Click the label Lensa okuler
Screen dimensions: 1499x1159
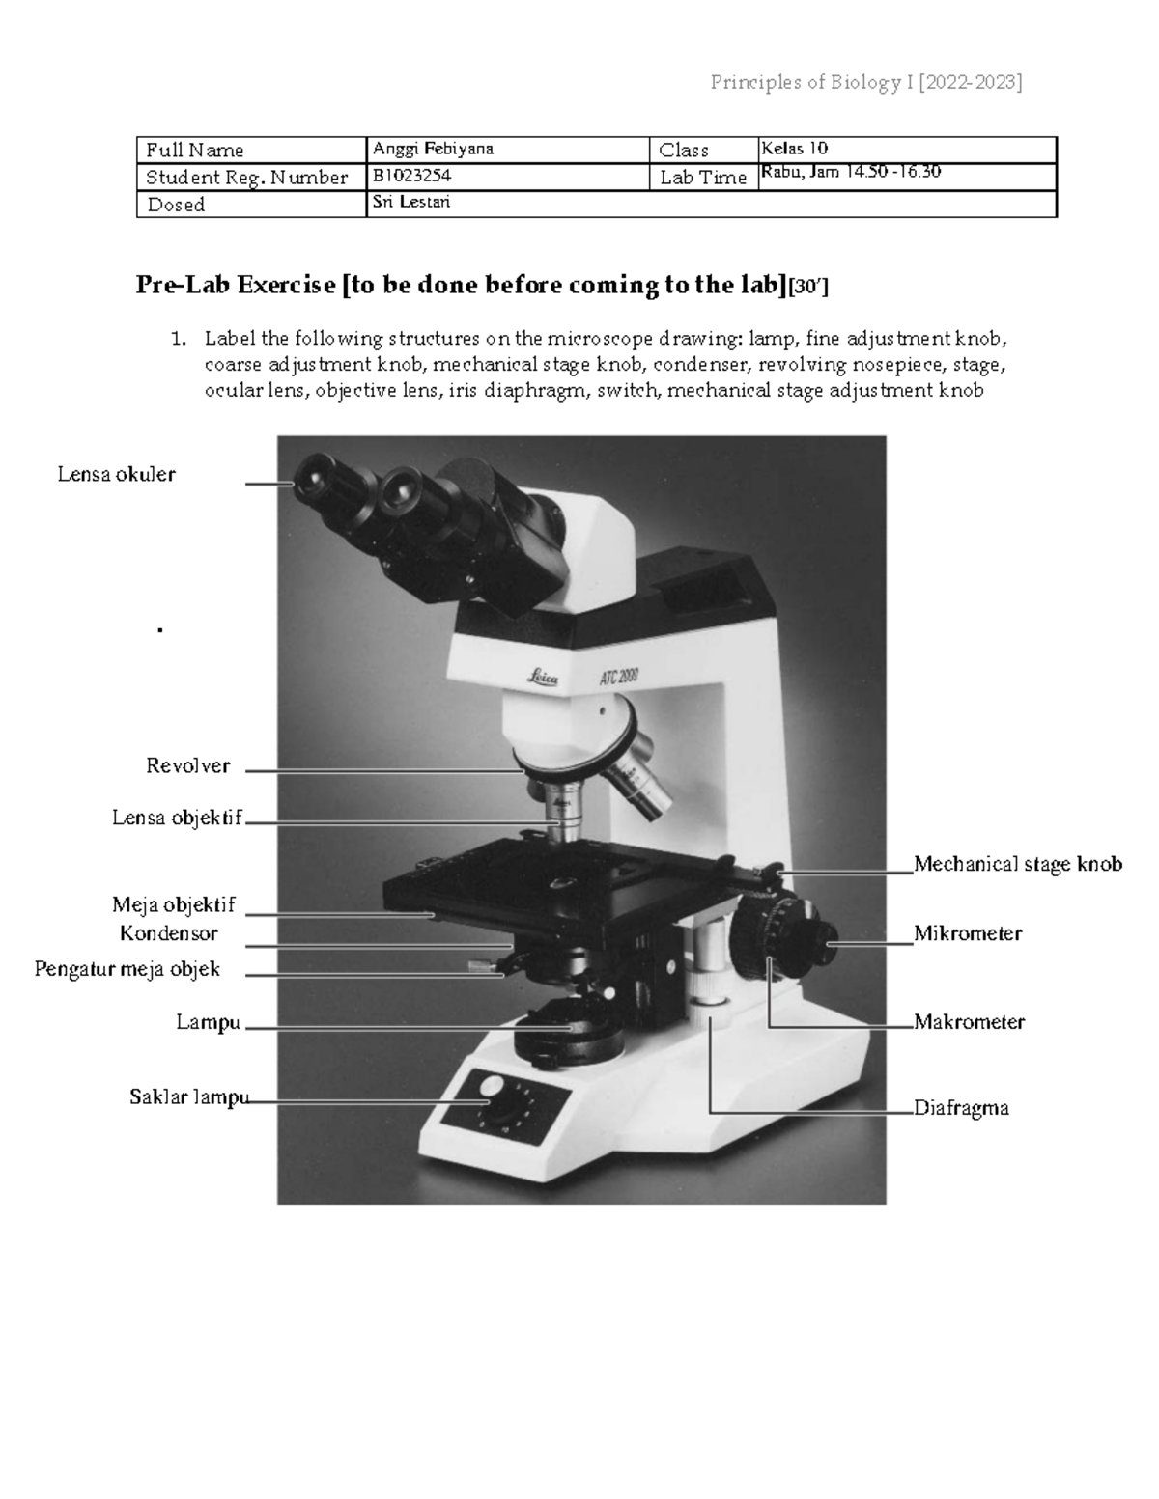[x=116, y=474]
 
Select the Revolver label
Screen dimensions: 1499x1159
[x=187, y=765]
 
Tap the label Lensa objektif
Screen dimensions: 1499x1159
[x=177, y=819]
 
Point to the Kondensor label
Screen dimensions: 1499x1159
[x=169, y=933]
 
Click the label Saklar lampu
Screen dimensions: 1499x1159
[x=188, y=1096]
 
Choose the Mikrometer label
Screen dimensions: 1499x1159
[x=968, y=933]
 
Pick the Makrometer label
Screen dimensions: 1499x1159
[x=969, y=1021]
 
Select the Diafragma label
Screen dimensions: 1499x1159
[x=961, y=1108]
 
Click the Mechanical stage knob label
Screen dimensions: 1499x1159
[x=1018, y=864]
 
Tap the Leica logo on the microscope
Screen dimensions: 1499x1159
[x=542, y=679]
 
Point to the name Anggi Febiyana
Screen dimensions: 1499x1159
[x=433, y=150]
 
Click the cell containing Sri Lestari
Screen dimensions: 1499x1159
[x=411, y=203]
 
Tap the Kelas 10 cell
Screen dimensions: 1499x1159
[x=794, y=149]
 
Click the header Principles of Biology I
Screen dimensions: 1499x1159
[x=865, y=82]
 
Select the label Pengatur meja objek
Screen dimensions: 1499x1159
[x=127, y=969]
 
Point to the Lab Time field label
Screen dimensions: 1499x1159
[x=702, y=178]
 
